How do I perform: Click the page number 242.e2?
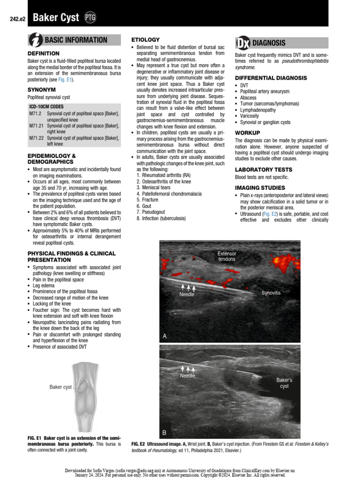(17, 19)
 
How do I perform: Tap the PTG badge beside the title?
(90, 18)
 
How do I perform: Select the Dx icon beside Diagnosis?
(242, 43)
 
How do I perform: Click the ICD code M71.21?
(35, 126)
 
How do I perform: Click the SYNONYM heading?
(42, 89)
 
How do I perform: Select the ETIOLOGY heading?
(145, 40)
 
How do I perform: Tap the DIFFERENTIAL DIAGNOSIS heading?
(271, 77)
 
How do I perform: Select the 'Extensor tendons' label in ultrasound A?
(227, 256)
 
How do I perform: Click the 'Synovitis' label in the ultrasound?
(271, 293)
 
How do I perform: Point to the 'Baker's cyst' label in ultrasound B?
(284, 383)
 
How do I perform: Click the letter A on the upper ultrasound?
(165, 337)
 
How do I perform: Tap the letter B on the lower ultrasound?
(165, 432)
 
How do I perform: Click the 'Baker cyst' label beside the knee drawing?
(61, 387)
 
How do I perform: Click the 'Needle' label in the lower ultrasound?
(187, 375)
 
